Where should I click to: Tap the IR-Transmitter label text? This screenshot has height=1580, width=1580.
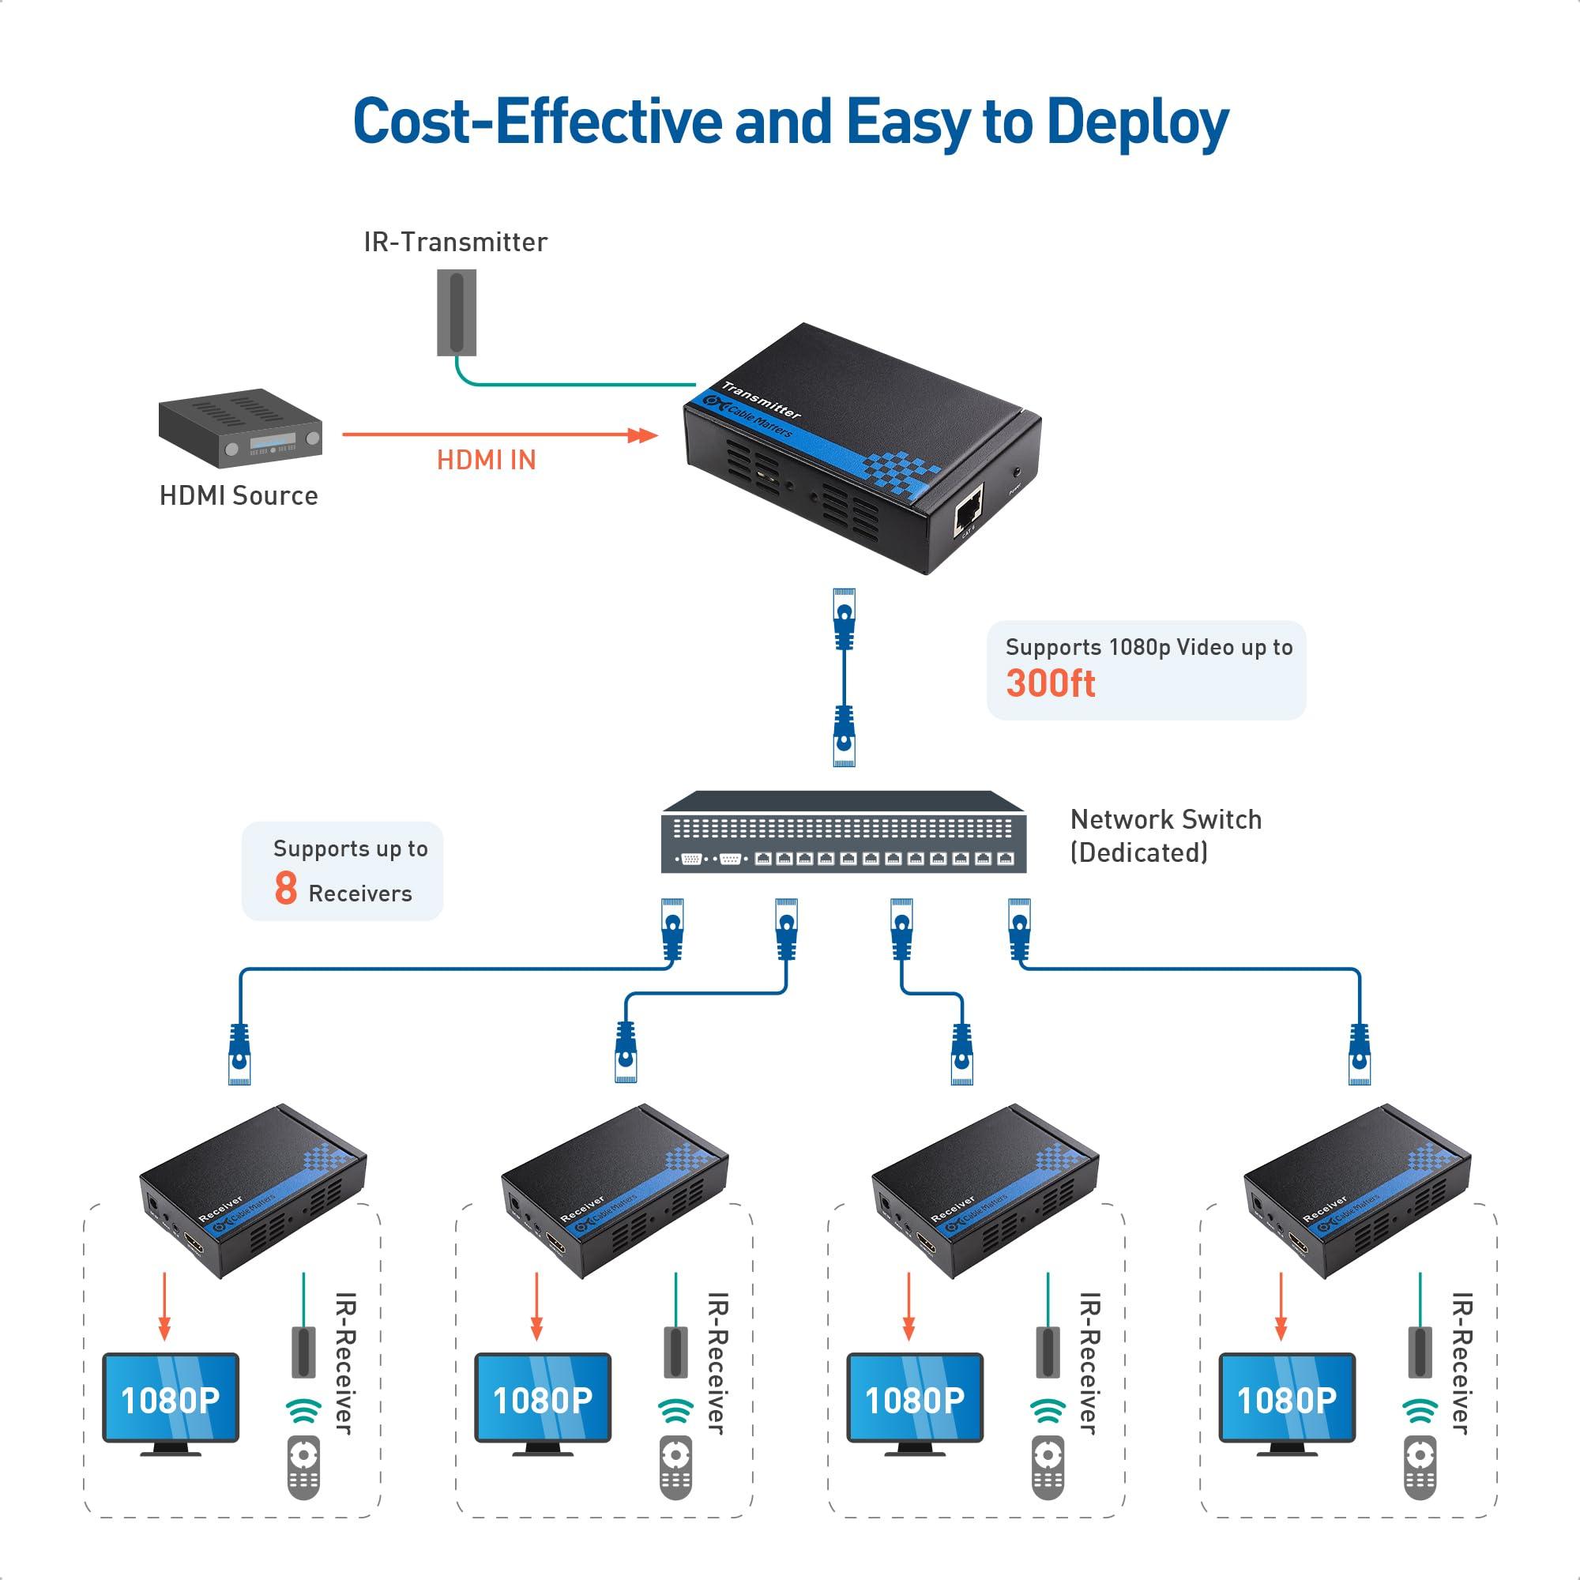point(456,242)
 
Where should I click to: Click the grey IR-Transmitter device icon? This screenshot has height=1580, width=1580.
point(457,314)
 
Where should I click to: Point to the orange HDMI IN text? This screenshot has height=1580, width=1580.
point(486,461)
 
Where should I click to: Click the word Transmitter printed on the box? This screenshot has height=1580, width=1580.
point(761,401)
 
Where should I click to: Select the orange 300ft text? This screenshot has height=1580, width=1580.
point(1050,683)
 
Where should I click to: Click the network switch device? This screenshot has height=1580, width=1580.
point(843,833)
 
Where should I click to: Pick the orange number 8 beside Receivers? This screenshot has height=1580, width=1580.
point(285,889)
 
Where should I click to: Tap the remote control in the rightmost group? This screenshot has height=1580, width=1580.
point(1420,1469)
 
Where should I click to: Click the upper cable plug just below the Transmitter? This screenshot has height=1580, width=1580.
point(844,619)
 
